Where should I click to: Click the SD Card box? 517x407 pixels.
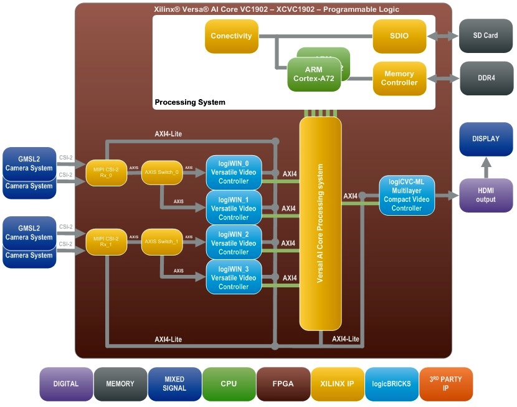(x=486, y=36)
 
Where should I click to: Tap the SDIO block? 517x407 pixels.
(x=399, y=36)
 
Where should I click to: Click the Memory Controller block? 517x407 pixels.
(x=399, y=78)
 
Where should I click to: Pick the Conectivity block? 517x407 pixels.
(x=231, y=36)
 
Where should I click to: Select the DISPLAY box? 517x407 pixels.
(x=486, y=139)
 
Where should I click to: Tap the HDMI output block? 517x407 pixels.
(x=486, y=195)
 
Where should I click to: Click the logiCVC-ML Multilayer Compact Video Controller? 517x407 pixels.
(x=406, y=195)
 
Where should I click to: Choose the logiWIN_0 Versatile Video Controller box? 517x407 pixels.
(x=233, y=173)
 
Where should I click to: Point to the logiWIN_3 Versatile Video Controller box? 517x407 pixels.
(x=233, y=278)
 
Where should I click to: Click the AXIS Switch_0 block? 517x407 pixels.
(x=162, y=172)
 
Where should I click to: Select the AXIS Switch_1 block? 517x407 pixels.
(x=162, y=242)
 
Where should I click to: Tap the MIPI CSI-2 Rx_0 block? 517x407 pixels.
(x=107, y=171)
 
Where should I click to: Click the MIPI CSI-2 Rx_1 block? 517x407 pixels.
(x=107, y=241)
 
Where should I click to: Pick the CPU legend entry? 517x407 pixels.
(x=229, y=384)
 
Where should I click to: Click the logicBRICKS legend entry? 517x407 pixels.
(x=391, y=384)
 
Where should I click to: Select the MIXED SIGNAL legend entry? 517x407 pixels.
(x=174, y=384)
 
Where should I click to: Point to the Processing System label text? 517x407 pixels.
(x=190, y=102)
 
